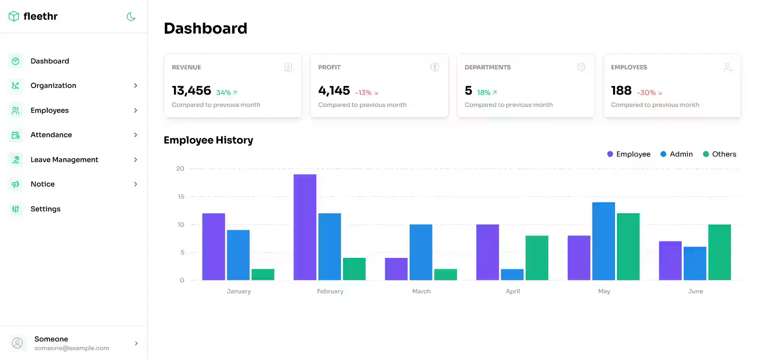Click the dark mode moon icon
[x=131, y=17]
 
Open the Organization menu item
[x=53, y=86]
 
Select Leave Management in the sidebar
[x=64, y=160]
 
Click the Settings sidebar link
[x=45, y=209]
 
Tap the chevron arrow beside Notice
[x=136, y=184]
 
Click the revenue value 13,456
[x=192, y=91]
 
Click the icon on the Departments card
[x=581, y=67]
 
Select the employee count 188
[x=621, y=91]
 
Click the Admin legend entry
[x=677, y=154]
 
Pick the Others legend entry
[x=720, y=154]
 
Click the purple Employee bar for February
[x=305, y=227]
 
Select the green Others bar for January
[x=263, y=274]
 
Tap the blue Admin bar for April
[x=512, y=274]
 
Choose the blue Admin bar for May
[x=603, y=241]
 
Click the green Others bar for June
[x=719, y=252]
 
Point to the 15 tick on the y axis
[x=181, y=196]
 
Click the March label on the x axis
[x=421, y=291]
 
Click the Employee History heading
[x=208, y=140]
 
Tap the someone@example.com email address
[x=71, y=348]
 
